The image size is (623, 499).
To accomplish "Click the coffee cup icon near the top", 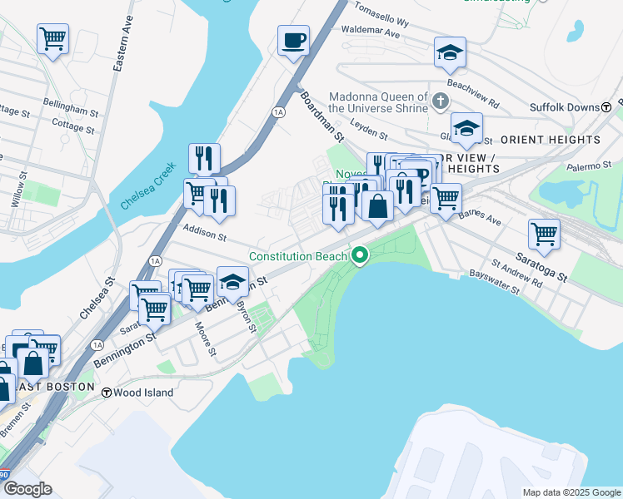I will click(293, 41).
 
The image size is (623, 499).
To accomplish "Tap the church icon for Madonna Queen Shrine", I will click(441, 101).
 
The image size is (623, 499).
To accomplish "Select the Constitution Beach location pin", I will click(360, 255).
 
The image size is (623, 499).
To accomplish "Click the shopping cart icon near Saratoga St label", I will click(544, 235).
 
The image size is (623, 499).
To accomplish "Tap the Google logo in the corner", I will click(27, 489).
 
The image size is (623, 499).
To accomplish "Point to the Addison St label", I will click(205, 236).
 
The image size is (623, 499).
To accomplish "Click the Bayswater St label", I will click(494, 282).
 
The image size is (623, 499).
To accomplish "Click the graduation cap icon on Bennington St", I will click(233, 283).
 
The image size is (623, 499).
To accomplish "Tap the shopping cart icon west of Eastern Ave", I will click(52, 38).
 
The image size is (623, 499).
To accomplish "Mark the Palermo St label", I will click(592, 167).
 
